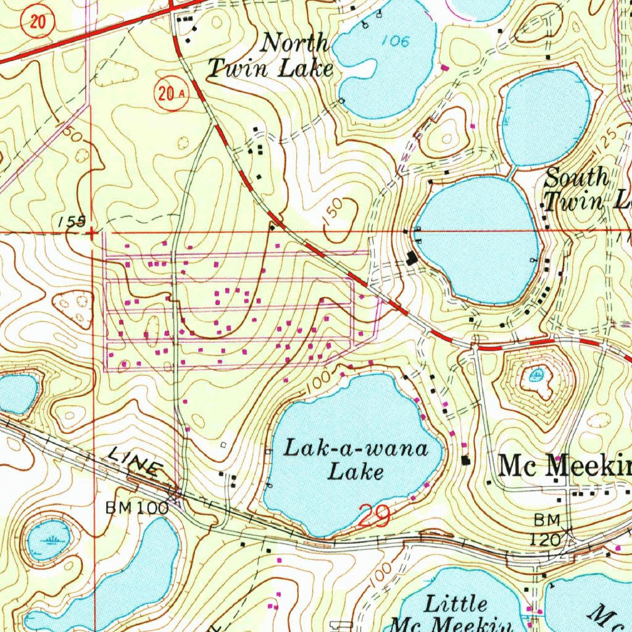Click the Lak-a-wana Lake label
tap(355, 460)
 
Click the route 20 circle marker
tap(37, 23)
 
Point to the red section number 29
tap(373, 515)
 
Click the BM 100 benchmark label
tap(136, 508)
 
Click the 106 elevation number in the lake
tap(395, 41)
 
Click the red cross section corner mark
tap(92, 233)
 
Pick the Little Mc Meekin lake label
tap(457, 613)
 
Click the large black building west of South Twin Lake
tap(412, 258)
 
